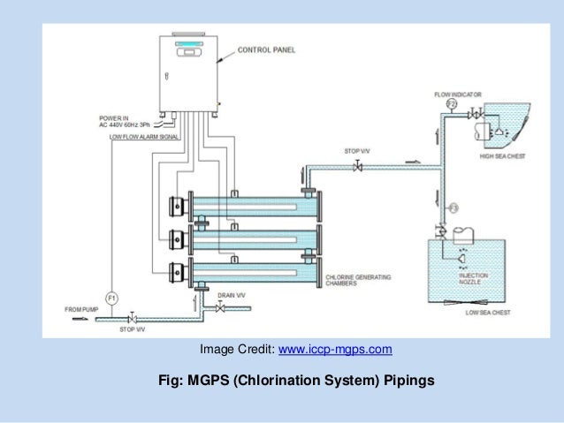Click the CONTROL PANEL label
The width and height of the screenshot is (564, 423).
point(266,50)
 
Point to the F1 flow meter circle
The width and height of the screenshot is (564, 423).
point(112,298)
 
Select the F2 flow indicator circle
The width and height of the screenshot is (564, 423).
point(451,104)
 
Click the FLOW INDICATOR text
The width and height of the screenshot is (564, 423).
point(456,93)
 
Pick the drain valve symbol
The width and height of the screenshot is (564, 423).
point(220,307)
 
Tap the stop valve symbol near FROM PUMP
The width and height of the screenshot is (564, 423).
point(132,317)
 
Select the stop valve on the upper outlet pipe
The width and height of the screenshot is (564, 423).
point(358,167)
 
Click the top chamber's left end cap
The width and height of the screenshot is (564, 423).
point(179,208)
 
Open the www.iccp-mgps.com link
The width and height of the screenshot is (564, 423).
point(335,351)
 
